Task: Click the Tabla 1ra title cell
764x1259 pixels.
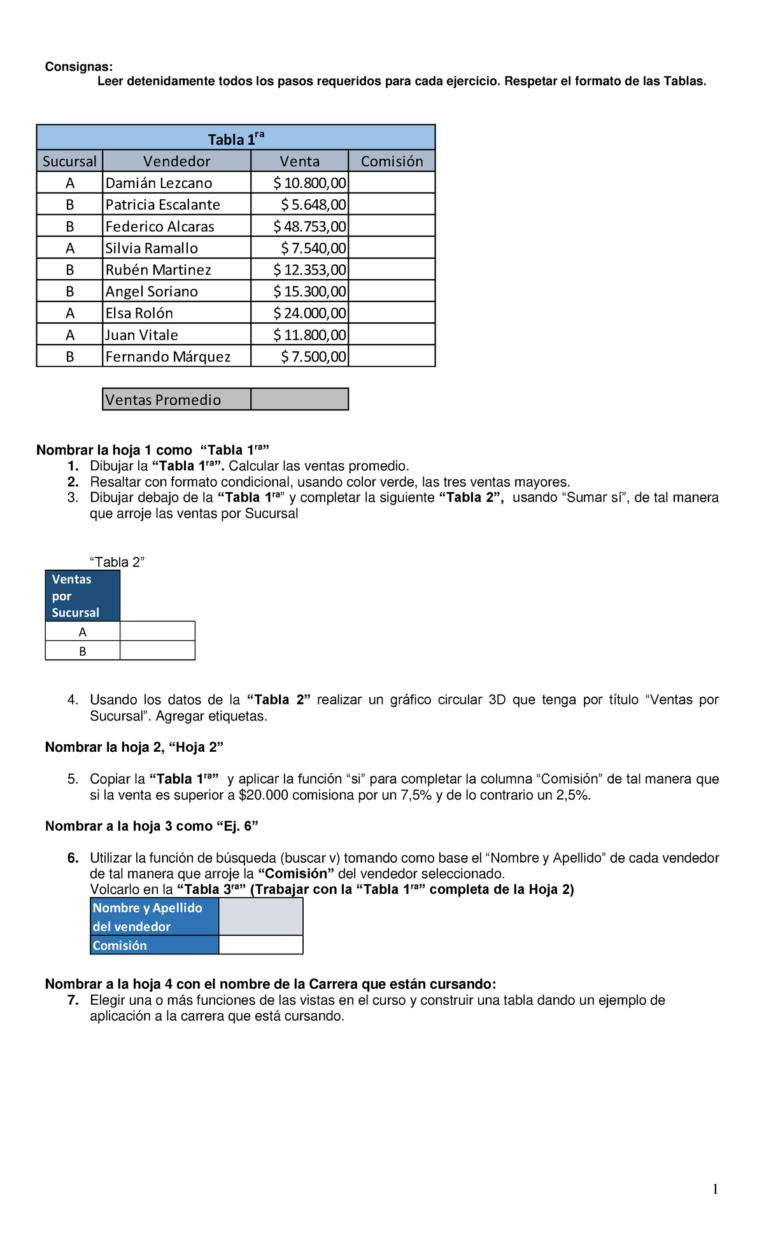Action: tap(236, 138)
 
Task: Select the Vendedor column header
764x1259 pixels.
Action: tap(176, 161)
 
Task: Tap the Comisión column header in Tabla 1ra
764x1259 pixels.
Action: tap(392, 161)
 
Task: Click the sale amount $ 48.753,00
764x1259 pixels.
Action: tap(309, 226)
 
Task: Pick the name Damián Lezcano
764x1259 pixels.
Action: tap(159, 183)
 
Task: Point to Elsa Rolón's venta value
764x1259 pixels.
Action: tap(309, 313)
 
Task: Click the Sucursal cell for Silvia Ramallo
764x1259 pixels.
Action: tap(69, 248)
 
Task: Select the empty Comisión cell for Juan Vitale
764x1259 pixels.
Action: tap(392, 335)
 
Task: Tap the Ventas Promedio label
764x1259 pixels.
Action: tap(163, 399)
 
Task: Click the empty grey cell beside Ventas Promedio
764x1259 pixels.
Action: tap(299, 399)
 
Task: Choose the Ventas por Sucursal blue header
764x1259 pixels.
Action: tap(82, 596)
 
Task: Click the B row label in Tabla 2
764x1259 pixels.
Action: tap(82, 651)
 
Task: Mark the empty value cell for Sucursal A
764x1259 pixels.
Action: tap(157, 631)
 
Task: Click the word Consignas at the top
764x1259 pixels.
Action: tap(78, 67)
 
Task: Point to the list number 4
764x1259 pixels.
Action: tap(73, 700)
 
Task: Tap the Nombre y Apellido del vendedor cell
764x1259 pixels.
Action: tap(154, 917)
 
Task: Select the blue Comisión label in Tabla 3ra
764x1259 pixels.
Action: tap(154, 946)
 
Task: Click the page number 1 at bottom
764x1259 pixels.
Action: tap(715, 1189)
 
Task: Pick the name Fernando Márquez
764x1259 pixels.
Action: tap(167, 356)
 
